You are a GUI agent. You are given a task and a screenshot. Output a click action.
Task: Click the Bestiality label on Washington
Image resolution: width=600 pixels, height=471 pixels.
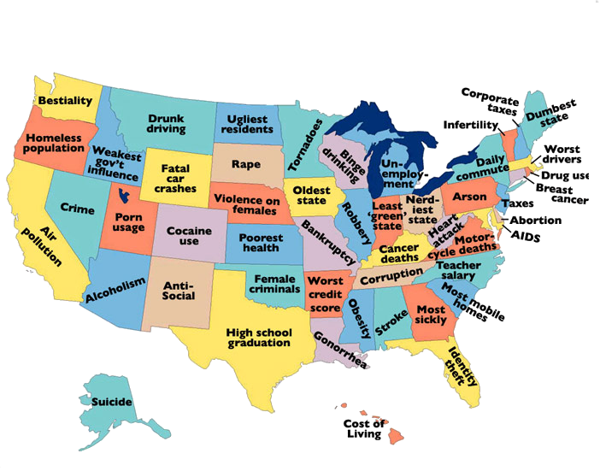[65, 101]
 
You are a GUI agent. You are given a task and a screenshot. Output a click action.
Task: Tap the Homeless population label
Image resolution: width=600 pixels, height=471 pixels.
[53, 143]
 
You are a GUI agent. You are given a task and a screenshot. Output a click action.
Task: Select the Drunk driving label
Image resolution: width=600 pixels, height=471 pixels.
[166, 125]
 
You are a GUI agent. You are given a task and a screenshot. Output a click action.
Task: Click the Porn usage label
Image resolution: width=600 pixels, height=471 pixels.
[129, 221]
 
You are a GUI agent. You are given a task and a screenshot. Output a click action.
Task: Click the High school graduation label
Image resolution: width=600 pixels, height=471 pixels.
[259, 337]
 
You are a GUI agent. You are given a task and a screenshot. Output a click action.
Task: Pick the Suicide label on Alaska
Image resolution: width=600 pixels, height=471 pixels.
[107, 401]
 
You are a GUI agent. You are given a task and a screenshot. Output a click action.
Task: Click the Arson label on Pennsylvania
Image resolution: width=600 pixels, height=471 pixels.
[469, 197]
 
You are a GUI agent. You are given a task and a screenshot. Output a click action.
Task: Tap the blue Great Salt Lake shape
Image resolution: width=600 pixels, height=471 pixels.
[127, 197]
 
